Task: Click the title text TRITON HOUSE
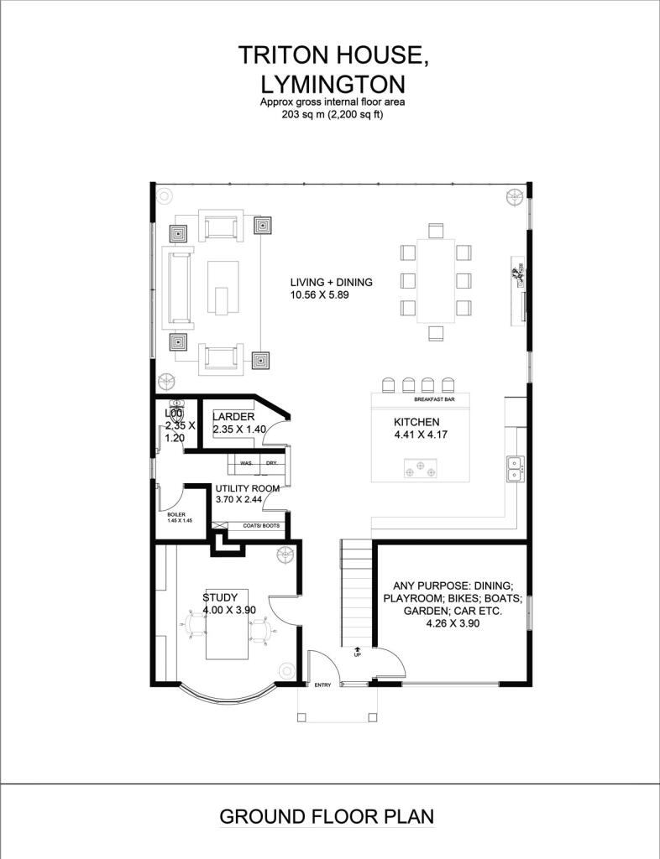pyautogui.click(x=333, y=56)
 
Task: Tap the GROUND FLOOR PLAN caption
pyautogui.click(x=327, y=816)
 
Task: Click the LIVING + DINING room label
pyautogui.click(x=331, y=282)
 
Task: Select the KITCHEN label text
pyautogui.click(x=416, y=422)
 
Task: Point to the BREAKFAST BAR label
pyautogui.click(x=435, y=400)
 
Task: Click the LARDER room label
pyautogui.click(x=233, y=417)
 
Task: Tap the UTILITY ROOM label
pyautogui.click(x=247, y=488)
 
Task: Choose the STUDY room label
pyautogui.click(x=220, y=597)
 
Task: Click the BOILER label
pyautogui.click(x=176, y=514)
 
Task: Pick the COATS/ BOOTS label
pyautogui.click(x=261, y=526)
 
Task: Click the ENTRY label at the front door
pyautogui.click(x=323, y=685)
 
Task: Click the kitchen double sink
pyautogui.click(x=514, y=468)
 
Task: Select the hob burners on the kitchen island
pyautogui.click(x=421, y=469)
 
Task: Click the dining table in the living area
pyautogui.click(x=436, y=280)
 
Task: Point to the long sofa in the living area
pyautogui.click(x=178, y=288)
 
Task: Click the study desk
pyautogui.click(x=227, y=624)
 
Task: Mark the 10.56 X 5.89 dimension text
pyautogui.click(x=320, y=294)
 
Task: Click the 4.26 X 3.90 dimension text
pyautogui.click(x=453, y=623)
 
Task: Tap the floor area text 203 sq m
pyautogui.click(x=301, y=115)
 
